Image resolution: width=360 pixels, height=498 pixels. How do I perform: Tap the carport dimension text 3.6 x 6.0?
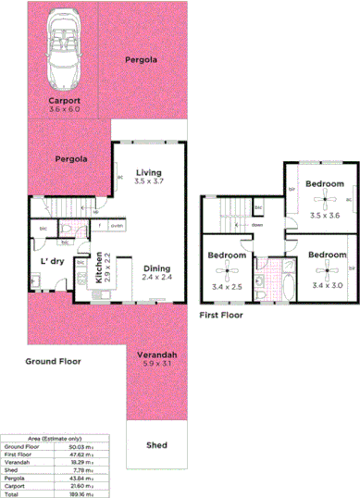(x=65, y=109)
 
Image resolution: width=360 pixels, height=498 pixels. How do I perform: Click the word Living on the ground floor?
(x=148, y=172)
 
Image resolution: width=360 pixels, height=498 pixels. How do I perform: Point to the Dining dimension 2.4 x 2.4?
(x=156, y=277)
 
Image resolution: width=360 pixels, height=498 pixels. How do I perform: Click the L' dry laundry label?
(x=52, y=261)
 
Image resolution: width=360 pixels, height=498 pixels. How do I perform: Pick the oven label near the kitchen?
(x=117, y=226)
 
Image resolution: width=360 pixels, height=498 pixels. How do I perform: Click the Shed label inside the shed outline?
(x=156, y=445)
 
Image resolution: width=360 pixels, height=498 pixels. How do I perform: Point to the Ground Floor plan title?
(x=53, y=361)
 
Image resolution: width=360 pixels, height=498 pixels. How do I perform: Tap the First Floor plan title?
(x=222, y=315)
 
